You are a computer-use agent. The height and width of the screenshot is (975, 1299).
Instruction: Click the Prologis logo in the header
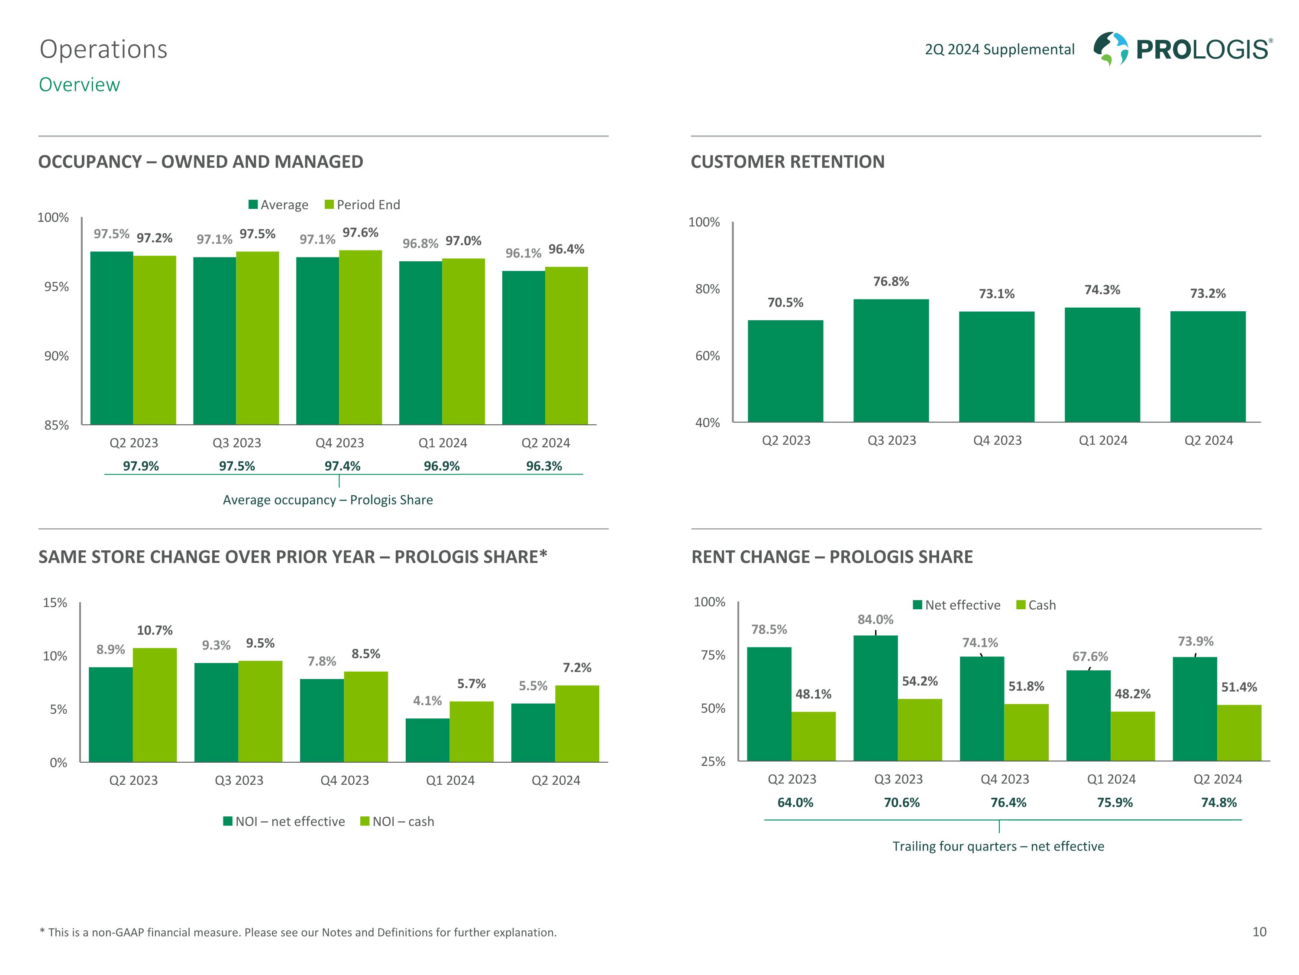[x=1182, y=49]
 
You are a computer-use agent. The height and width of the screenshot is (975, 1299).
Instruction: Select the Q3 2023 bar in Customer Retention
[x=891, y=360]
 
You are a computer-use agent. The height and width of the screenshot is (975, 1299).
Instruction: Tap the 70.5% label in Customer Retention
[x=785, y=302]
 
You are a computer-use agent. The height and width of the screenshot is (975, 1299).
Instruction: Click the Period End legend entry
[x=362, y=205]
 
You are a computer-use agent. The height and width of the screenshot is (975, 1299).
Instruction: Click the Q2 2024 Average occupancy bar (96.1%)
[x=523, y=348]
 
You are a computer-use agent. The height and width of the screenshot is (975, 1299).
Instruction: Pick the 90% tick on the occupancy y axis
[x=56, y=356]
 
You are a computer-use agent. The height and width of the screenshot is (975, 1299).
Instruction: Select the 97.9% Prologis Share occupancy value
[x=141, y=466]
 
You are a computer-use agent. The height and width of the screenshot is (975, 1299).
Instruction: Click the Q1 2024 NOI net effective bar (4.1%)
[x=427, y=740]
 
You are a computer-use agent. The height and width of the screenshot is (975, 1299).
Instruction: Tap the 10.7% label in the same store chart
[x=155, y=630]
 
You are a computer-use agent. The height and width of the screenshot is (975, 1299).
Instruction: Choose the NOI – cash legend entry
[x=397, y=822]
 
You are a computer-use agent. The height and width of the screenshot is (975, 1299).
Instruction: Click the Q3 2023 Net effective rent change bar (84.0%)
[x=875, y=698]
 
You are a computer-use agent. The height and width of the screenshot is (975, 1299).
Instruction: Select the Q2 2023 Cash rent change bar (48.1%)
[x=813, y=736]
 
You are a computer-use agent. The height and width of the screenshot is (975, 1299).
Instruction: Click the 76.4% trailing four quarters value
[x=1008, y=803]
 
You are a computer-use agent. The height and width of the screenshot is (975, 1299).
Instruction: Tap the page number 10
[x=1259, y=932]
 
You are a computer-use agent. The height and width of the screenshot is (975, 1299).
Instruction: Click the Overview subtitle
[x=79, y=84]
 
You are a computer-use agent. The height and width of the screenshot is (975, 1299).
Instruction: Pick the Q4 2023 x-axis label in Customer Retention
[x=997, y=440]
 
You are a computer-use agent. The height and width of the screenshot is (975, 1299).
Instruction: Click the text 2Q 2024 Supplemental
[x=999, y=49]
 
